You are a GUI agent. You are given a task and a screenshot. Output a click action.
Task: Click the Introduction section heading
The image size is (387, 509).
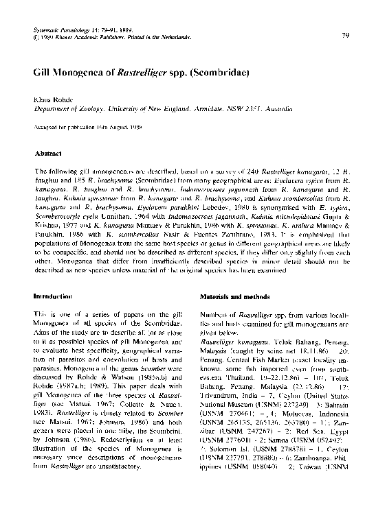[x=53, y=296]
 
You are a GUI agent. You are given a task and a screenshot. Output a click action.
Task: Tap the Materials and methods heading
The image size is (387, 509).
[x=236, y=296]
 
